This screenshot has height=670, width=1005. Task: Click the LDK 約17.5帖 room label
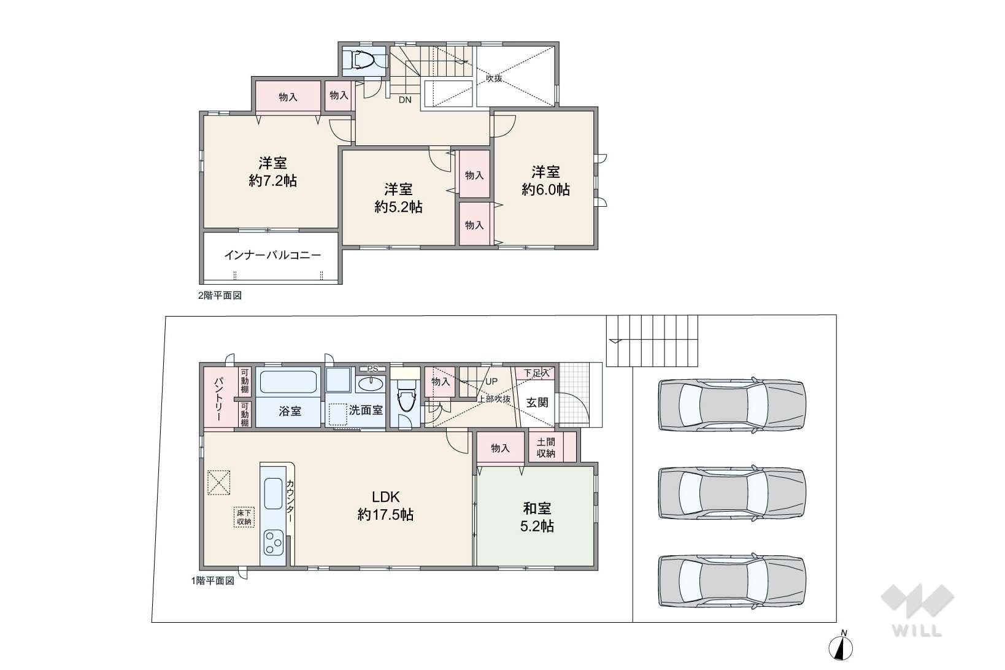coord(385,506)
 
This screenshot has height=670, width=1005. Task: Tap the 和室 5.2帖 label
coord(537,517)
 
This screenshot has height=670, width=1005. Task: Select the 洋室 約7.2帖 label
coord(273,172)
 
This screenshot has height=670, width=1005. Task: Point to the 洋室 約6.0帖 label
coord(545,180)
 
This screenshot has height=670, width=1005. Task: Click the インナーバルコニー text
coord(273,255)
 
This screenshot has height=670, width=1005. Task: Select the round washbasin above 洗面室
coord(371,384)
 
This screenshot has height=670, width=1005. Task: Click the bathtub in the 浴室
coord(288,382)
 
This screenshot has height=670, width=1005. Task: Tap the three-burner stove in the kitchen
coord(273,542)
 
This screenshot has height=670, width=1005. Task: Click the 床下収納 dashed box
coord(244,517)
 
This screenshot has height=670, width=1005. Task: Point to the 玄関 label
coord(537,402)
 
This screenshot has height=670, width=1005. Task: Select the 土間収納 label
coord(545,448)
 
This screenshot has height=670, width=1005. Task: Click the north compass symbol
coord(841,647)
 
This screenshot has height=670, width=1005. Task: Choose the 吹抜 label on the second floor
coord(493,78)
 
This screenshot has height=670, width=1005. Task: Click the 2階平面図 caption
coord(220,295)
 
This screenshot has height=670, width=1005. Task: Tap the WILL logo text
coord(917,631)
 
